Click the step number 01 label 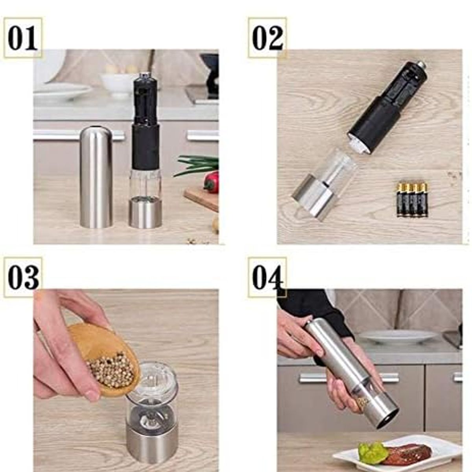coord(22,38)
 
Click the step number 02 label coord(267,38)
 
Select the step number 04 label coord(267,278)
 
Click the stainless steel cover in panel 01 coord(96,177)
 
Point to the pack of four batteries coord(412,200)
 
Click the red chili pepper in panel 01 coord(211,182)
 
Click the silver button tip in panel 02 coord(421,65)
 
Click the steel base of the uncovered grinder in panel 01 coord(145,212)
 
